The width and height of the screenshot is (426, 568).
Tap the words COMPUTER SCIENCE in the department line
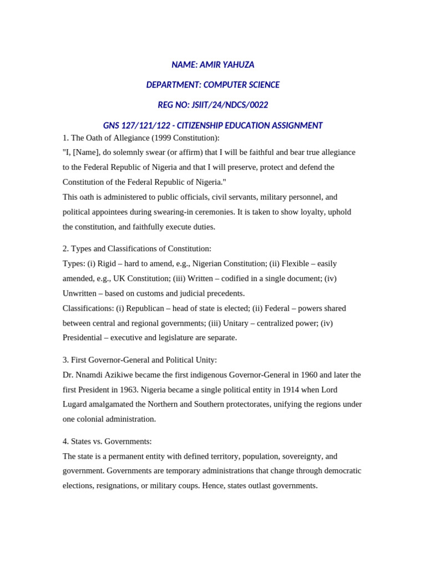(x=241, y=85)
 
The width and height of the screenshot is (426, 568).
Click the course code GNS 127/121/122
(x=136, y=125)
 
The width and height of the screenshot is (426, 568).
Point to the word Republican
(x=135, y=308)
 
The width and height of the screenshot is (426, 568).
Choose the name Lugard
(x=76, y=404)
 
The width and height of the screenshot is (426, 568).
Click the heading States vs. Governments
(x=111, y=442)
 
